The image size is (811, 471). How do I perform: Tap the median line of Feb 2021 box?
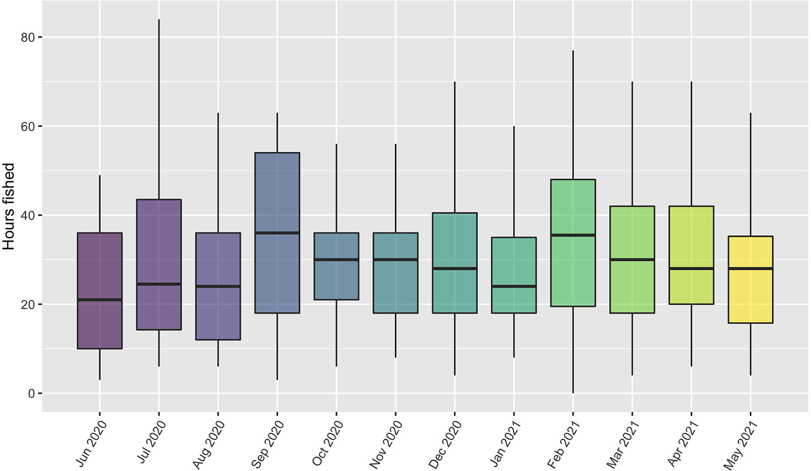coord(573,235)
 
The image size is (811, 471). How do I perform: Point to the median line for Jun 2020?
coord(100,300)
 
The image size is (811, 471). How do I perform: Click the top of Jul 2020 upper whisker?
coord(159,20)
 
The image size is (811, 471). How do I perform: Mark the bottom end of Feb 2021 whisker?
coord(573,392)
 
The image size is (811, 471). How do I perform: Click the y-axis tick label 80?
coord(28,38)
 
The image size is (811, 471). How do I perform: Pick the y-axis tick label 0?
coord(31,394)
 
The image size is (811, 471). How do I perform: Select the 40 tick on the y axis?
coord(28,216)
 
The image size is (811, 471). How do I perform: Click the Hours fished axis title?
coord(9,206)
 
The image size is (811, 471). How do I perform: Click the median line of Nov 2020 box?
coord(395,260)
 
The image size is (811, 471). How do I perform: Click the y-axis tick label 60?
coord(28,126)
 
